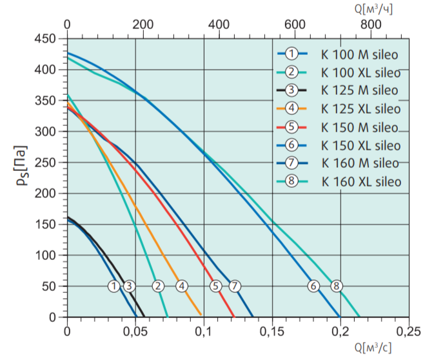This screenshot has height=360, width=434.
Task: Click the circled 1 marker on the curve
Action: pyautogui.click(x=114, y=286)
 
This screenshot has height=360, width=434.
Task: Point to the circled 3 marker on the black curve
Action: pyautogui.click(x=129, y=286)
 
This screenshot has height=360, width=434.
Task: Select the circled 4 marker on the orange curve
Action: pyautogui.click(x=182, y=286)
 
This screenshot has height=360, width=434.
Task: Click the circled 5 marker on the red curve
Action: pyautogui.click(x=216, y=286)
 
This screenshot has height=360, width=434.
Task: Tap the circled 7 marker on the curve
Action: pyautogui.click(x=234, y=286)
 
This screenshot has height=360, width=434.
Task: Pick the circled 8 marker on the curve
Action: pyautogui.click(x=335, y=286)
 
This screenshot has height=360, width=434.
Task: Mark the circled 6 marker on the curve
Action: pyautogui.click(x=313, y=286)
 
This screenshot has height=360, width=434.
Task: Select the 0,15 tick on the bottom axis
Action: pyautogui.click(x=271, y=332)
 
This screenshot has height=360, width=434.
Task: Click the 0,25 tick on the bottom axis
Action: pyautogui.click(x=408, y=332)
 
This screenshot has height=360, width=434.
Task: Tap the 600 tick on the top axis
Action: pyautogui.click(x=295, y=24)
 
